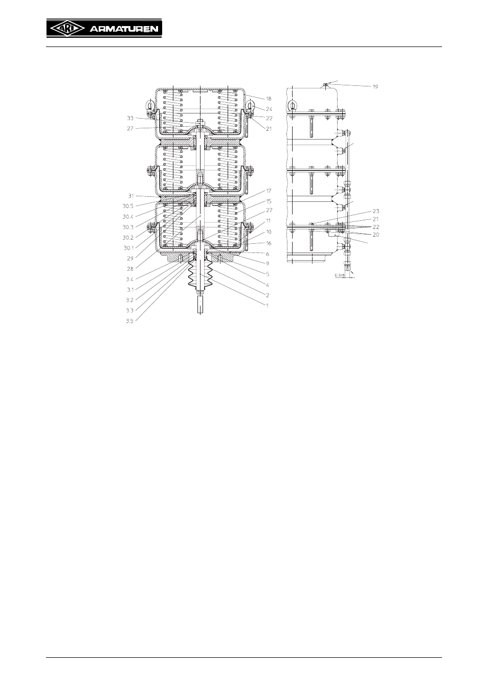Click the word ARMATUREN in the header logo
pyautogui.click(x=124, y=29)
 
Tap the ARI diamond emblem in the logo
pyautogui.click(x=67, y=29)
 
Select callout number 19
pyautogui.click(x=375, y=86)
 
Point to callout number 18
pyautogui.click(x=269, y=99)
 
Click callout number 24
pyautogui.click(x=269, y=109)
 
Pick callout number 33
pyautogui.click(x=130, y=118)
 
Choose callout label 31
pyautogui.click(x=131, y=196)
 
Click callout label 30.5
pyautogui.click(x=128, y=206)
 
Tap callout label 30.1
pyautogui.click(x=128, y=248)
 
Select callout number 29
pyautogui.click(x=130, y=259)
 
